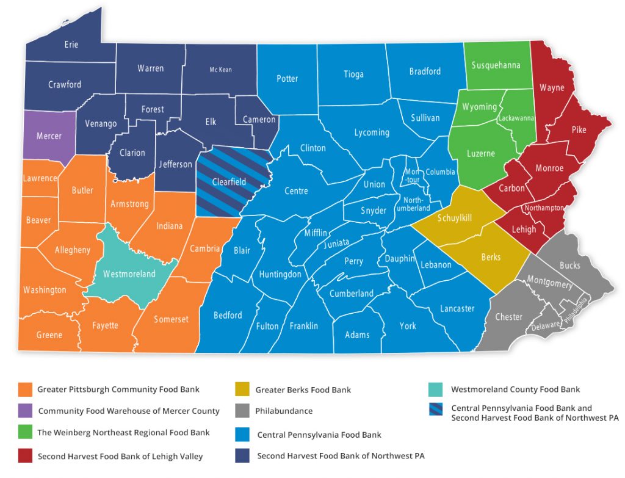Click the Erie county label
71,45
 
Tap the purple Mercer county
49,136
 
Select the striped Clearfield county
229,181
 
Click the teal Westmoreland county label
129,274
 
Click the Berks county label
491,257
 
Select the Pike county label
579,130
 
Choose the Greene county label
49,335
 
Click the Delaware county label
545,325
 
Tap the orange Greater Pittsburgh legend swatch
25,389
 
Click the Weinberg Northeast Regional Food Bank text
123,433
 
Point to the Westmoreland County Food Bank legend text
515,389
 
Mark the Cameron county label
259,120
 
